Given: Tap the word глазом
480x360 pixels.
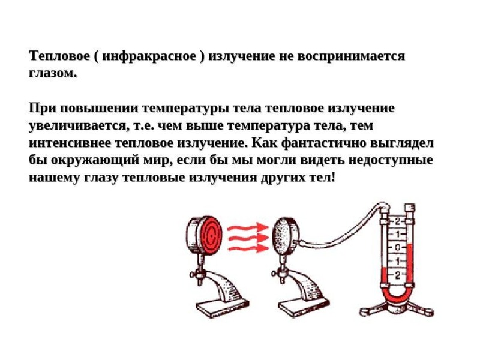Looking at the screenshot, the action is (52, 74).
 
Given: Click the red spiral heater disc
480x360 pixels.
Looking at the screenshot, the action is (211, 235).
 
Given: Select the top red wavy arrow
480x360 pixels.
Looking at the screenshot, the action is (247, 228).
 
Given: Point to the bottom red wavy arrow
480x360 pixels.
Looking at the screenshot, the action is (248, 248).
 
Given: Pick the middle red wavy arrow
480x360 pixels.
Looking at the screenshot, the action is (248, 238).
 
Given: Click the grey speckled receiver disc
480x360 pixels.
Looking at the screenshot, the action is (281, 236).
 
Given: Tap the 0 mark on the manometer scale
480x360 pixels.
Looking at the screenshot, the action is (397, 247).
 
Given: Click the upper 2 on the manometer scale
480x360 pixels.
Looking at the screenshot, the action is (397, 221).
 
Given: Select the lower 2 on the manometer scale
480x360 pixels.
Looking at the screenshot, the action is (397, 275).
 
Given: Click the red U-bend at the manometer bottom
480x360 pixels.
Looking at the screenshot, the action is (397, 298).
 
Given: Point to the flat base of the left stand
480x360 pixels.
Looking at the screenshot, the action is (222, 307).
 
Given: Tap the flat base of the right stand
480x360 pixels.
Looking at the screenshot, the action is (304, 307).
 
